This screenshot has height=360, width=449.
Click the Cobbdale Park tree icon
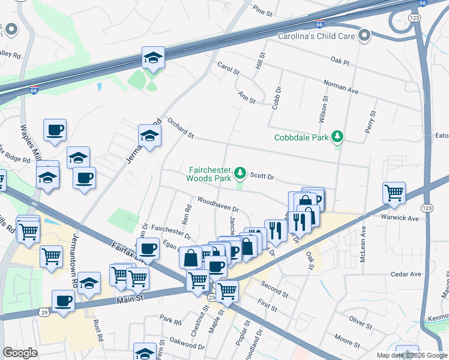tap(339, 137)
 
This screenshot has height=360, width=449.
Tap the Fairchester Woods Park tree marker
tap(240, 173)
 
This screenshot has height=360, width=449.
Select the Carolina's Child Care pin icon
tap(363, 36)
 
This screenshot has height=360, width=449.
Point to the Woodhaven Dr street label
tap(218, 205)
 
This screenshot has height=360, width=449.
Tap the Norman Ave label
tap(340, 87)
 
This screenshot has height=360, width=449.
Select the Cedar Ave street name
tap(406, 274)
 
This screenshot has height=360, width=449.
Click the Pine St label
tap(263, 10)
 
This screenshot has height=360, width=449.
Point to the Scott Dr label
tap(262, 176)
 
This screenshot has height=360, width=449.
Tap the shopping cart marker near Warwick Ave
tap(394, 192)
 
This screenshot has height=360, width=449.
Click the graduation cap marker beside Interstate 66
tap(153, 58)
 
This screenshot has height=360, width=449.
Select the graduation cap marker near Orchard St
tap(149, 136)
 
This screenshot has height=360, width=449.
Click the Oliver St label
tap(362, 323)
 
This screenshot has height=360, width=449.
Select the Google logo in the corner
tap(20, 353)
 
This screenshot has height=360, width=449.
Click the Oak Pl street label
tap(339, 60)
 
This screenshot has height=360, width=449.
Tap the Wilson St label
tap(323, 109)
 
